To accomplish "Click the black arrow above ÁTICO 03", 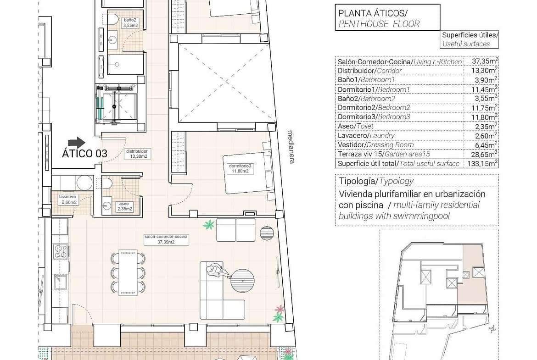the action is pos(77,143).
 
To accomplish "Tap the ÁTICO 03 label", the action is pos(84,154).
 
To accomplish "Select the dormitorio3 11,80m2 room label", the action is pos(240,169).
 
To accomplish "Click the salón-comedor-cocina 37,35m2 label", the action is pos(166,239).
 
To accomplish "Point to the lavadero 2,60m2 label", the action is pos(68,199).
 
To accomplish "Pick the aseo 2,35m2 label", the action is pos(124,206).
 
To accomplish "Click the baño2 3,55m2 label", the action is pos(130,22).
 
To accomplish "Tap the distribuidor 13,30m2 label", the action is pos(137,154).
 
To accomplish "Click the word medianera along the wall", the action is pos(291,146).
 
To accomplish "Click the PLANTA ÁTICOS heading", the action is pos(373,13).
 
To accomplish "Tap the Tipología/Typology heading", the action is pos(376,181).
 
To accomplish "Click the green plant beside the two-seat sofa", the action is pos(208,225).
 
